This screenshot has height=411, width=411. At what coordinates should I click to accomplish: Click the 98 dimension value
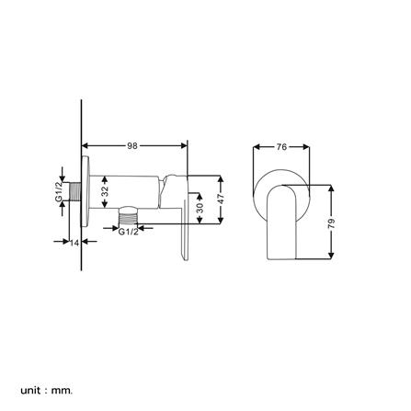click(x=133, y=143)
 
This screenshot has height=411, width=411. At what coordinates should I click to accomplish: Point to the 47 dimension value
click(x=222, y=199)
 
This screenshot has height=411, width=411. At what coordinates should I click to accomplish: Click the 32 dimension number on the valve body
click(x=105, y=192)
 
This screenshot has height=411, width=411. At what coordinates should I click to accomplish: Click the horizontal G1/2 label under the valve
click(x=130, y=232)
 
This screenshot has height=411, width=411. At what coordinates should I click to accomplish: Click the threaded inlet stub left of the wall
click(x=74, y=195)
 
